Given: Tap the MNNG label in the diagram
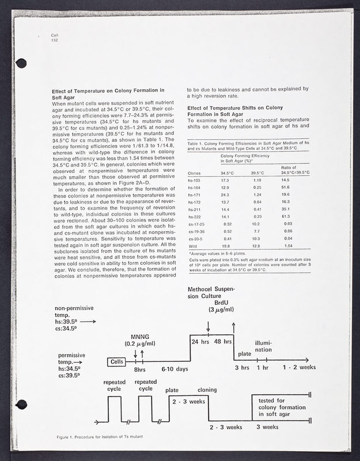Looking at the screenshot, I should click(140, 336).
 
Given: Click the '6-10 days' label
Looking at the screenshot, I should click(175, 369).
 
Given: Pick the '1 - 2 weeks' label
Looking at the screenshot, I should click(300, 366).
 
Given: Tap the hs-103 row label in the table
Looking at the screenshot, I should click(195, 181).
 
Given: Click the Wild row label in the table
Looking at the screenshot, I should click(193, 245).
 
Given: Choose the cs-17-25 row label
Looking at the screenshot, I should click(197, 224).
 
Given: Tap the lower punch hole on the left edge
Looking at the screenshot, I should click(22, 404).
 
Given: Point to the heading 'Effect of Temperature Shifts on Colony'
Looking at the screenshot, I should click(235, 108).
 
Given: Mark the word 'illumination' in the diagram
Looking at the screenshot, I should click(263, 346).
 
